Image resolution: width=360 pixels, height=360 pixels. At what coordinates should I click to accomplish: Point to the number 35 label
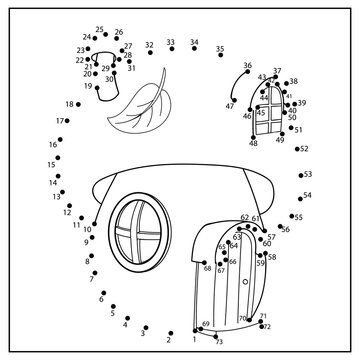coord(220,48)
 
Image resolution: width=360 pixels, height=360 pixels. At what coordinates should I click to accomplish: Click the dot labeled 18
coord(80,104)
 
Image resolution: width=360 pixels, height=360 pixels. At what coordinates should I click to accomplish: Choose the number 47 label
coord(230,105)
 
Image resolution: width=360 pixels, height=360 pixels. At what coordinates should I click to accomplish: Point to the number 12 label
coord(66,212)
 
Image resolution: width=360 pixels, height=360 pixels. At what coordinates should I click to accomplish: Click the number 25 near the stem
coord(100,30)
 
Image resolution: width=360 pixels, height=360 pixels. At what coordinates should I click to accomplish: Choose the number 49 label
coord(280,140)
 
